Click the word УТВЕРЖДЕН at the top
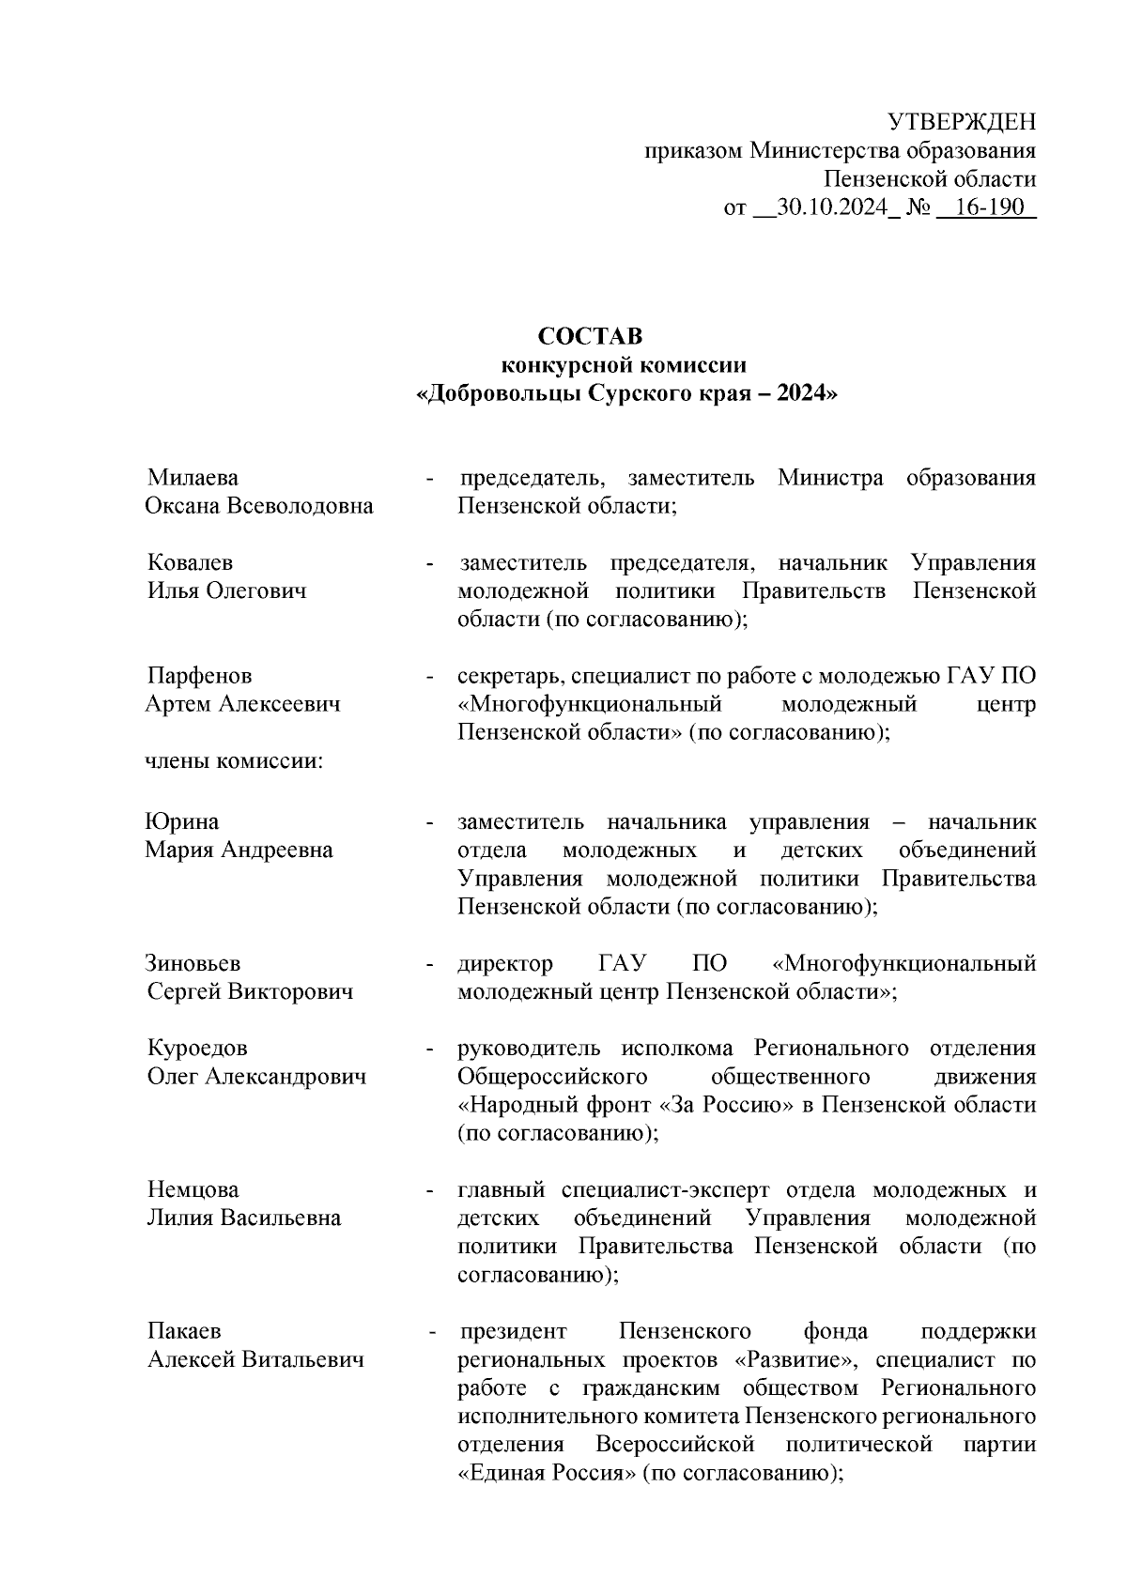(962, 122)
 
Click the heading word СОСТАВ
(590, 336)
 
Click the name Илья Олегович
(226, 591)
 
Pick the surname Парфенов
(199, 676)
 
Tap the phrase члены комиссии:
(234, 761)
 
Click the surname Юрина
(182, 822)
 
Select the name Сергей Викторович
(250, 992)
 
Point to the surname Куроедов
(197, 1049)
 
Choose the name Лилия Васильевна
(243, 1218)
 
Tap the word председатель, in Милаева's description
(532, 479)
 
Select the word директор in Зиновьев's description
(505, 964)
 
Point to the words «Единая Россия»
(547, 1474)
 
